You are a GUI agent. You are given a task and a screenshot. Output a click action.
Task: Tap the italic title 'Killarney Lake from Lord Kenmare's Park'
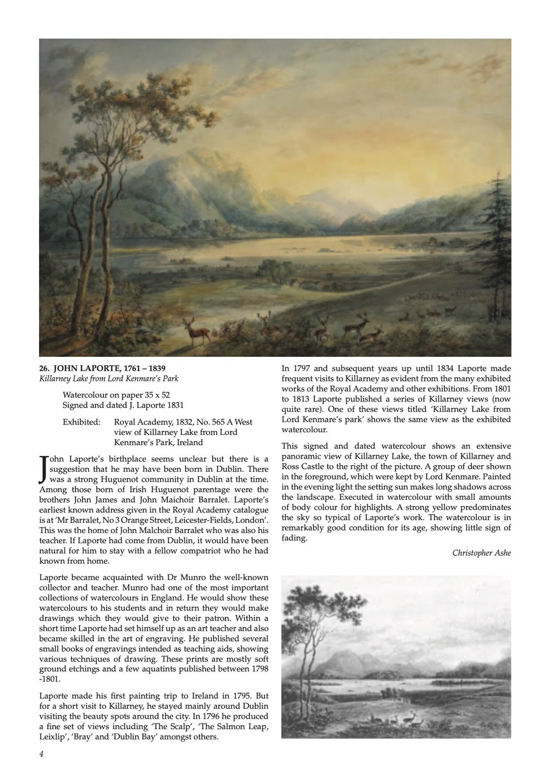pos(108,379)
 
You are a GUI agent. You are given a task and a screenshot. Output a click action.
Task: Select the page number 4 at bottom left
pos(42,754)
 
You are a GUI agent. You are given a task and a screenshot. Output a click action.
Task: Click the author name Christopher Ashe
pos(481,553)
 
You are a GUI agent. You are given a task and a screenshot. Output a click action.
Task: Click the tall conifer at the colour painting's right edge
pos(497,242)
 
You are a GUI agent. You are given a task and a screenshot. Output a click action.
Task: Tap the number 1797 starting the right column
pos(304,368)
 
